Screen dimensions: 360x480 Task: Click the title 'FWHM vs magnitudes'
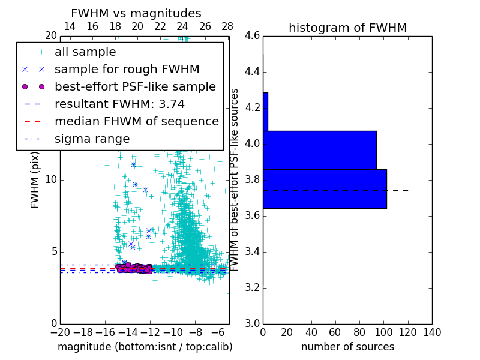(136, 14)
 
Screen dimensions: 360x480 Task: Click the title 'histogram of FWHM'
(347, 28)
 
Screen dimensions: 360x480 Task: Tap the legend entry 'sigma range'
(92, 139)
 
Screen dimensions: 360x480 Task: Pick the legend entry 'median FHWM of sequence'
(136, 121)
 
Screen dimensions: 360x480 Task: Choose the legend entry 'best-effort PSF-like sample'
(135, 86)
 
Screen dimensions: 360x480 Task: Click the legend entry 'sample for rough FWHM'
(127, 69)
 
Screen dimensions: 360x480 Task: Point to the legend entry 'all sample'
(85, 52)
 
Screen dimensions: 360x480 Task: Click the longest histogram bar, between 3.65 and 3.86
(325, 189)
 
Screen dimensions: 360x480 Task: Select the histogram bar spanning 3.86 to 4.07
(320, 150)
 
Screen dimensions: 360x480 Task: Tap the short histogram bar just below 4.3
(265, 112)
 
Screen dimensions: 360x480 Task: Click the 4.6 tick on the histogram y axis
(252, 36)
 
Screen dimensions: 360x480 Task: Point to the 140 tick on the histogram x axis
(432, 332)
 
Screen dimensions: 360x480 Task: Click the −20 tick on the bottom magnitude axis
(60, 332)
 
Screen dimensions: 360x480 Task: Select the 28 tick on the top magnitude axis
(227, 27)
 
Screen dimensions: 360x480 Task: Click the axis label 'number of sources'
(347, 347)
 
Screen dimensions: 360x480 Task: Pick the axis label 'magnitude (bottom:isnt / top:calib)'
(145, 347)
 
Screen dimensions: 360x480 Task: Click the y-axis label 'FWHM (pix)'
(35, 180)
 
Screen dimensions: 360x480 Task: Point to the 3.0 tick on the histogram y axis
(252, 323)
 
